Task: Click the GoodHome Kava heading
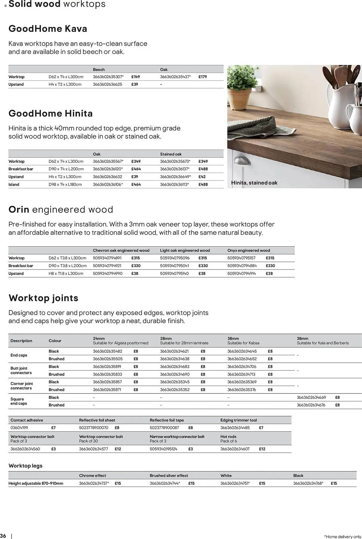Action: click(x=48, y=29)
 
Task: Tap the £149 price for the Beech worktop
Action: click(x=135, y=77)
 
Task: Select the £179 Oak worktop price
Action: click(x=203, y=77)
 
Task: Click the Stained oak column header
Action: click(x=171, y=154)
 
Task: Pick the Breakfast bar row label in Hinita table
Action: click(x=21, y=169)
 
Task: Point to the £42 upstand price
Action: click(x=202, y=177)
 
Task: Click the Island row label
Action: click(x=14, y=185)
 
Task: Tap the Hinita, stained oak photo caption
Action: click(x=254, y=183)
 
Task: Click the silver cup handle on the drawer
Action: click(x=242, y=161)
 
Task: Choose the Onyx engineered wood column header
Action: click(x=248, y=250)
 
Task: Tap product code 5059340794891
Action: click(x=107, y=258)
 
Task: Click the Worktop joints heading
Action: click(x=43, y=298)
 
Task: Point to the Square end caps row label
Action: click(x=19, y=401)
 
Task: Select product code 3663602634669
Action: click(x=311, y=397)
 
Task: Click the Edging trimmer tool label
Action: click(x=238, y=420)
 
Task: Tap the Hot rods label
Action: click(x=228, y=437)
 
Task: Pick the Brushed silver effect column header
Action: click(x=169, y=476)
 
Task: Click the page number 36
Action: click(x=3, y=535)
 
